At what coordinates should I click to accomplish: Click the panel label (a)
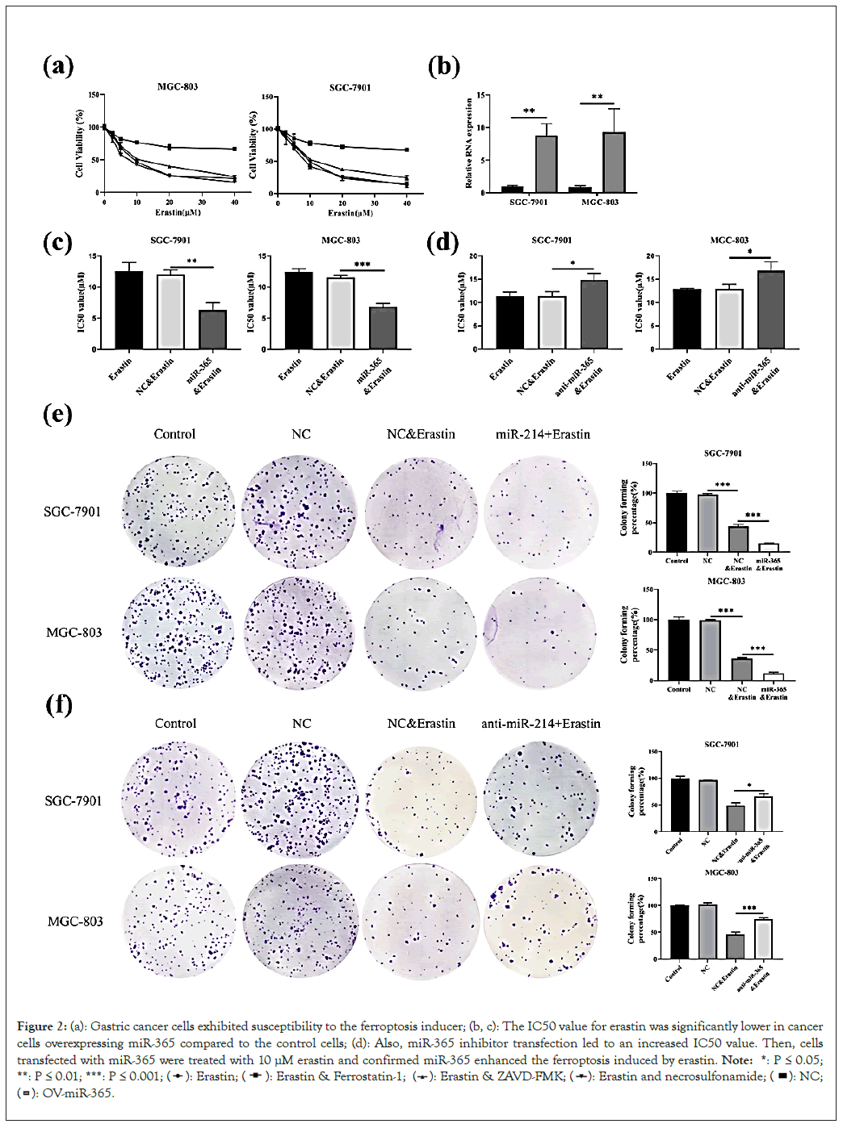point(58,66)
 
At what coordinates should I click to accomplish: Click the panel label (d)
point(442,243)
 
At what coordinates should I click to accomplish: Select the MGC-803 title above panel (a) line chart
point(178,86)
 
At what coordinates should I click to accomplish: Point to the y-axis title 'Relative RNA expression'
point(469,143)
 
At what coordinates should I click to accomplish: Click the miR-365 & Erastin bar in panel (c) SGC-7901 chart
point(212,329)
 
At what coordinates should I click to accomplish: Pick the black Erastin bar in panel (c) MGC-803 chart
point(299,311)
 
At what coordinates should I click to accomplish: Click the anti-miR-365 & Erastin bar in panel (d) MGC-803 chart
point(770,310)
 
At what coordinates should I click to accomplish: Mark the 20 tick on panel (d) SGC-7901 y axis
point(476,256)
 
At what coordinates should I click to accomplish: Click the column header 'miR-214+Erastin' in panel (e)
point(543,434)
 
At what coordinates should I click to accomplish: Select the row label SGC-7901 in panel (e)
point(73,512)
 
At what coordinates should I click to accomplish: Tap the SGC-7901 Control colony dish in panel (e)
point(178,512)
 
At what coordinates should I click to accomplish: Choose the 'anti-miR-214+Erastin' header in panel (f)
point(541,724)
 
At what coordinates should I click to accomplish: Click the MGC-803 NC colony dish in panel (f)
point(300,921)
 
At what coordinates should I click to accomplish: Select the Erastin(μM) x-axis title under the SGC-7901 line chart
point(350,213)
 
